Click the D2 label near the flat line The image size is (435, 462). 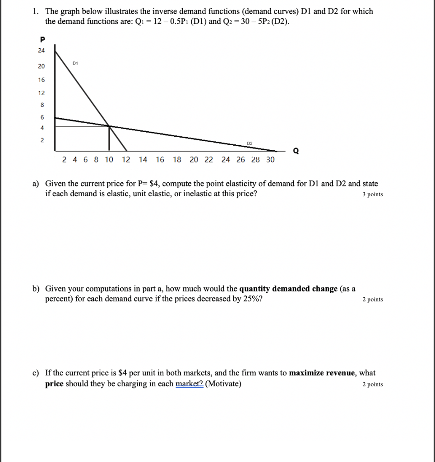pos(250,143)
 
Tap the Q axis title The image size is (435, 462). pos(296,151)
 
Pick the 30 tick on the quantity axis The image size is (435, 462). pos(270,159)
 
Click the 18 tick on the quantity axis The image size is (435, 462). pos(177,159)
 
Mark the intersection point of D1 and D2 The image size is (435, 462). pos(109,126)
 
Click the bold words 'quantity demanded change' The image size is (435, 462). pos(288,289)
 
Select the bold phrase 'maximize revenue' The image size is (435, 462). pos(323,373)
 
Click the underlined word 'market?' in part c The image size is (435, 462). pos(190,384)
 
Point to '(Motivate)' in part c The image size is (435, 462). pos(223,384)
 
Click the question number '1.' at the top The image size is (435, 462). pos(36,11)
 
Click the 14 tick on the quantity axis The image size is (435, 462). pos(143,159)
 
